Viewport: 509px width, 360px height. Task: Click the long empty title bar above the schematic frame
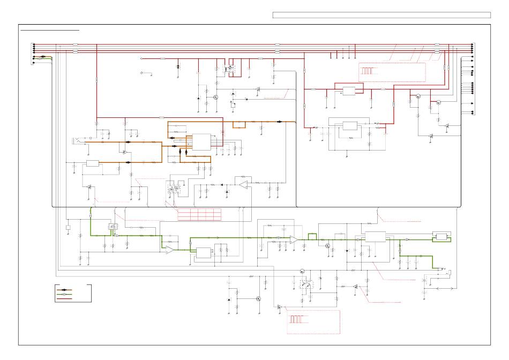click(x=381, y=15)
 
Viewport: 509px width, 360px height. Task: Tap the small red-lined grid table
click(x=199, y=213)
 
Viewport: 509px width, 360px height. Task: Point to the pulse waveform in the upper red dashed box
click(x=367, y=71)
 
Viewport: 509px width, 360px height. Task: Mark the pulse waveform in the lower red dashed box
click(x=297, y=319)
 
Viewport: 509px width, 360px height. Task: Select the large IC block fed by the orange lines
click(x=201, y=142)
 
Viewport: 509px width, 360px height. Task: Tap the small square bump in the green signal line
click(x=312, y=235)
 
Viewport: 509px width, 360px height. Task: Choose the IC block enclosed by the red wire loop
click(x=349, y=91)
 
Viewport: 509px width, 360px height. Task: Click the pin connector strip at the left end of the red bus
click(x=34, y=49)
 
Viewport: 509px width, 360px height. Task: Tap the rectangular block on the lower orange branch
click(x=93, y=163)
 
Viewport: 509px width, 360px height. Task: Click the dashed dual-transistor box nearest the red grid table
click(x=174, y=189)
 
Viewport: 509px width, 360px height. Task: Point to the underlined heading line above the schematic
click(x=49, y=31)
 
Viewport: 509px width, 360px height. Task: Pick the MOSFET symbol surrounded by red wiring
click(x=231, y=69)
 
